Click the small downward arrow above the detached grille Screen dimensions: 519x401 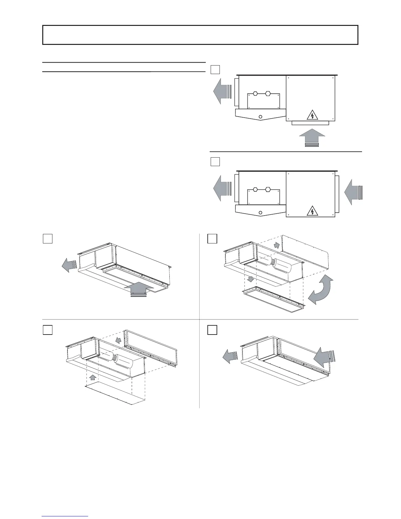pyautogui.click(x=252, y=279)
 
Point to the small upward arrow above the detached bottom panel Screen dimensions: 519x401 pyautogui.click(x=93, y=377)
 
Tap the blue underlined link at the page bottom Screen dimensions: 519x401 pyautogui.click(x=65, y=516)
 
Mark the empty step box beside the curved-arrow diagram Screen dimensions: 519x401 pyautogui.click(x=212, y=239)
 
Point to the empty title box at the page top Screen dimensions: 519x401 pyautogui.click(x=200, y=35)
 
